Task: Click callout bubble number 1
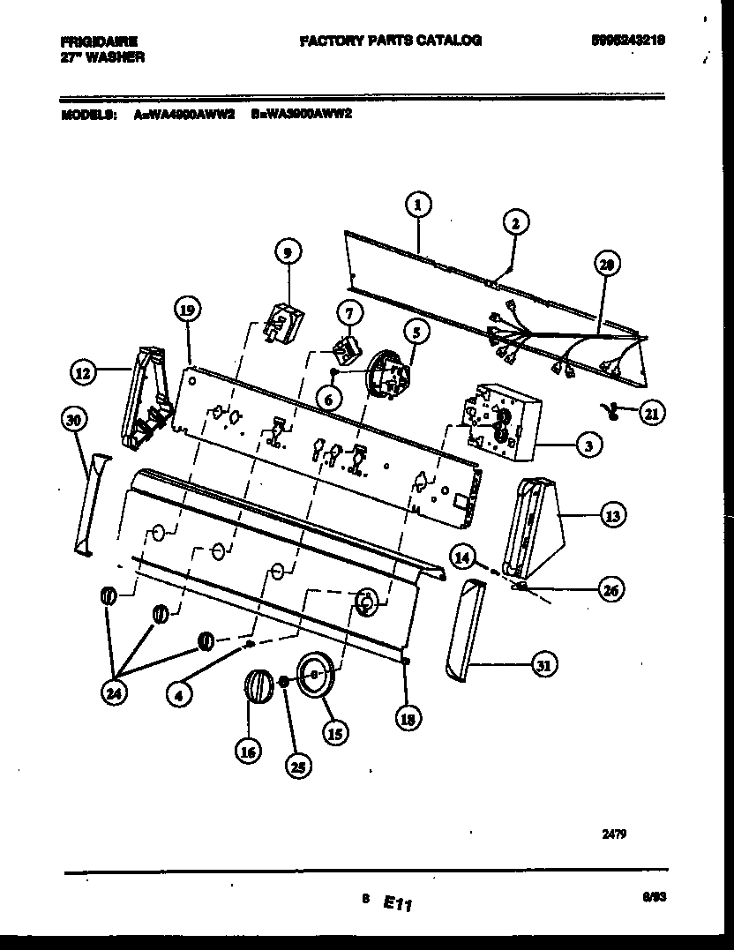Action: point(419,206)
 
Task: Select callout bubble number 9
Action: point(286,252)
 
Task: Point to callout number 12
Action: point(82,374)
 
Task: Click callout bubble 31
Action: point(543,666)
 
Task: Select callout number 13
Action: point(611,517)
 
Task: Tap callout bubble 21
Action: point(651,412)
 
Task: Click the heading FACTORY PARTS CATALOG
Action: point(390,41)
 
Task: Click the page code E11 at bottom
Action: point(399,902)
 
